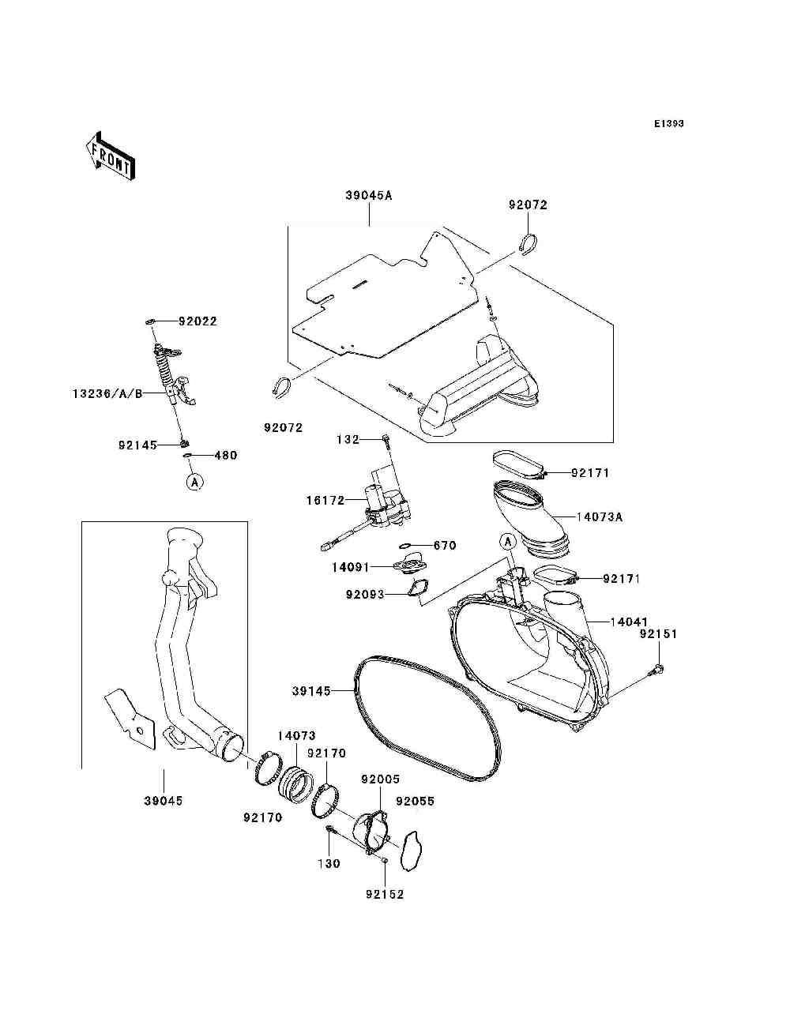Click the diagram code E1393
click(x=668, y=124)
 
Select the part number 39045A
click(x=368, y=195)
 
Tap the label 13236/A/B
click(x=107, y=393)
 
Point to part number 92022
click(x=197, y=321)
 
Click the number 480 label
click(x=225, y=456)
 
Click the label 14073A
click(x=599, y=517)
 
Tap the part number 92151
click(x=658, y=634)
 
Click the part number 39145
click(x=310, y=690)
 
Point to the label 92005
click(x=381, y=779)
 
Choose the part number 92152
click(x=385, y=894)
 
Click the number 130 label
click(x=329, y=863)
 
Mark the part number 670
click(x=446, y=546)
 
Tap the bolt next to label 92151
click(x=655, y=671)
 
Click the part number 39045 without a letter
click(x=163, y=801)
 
